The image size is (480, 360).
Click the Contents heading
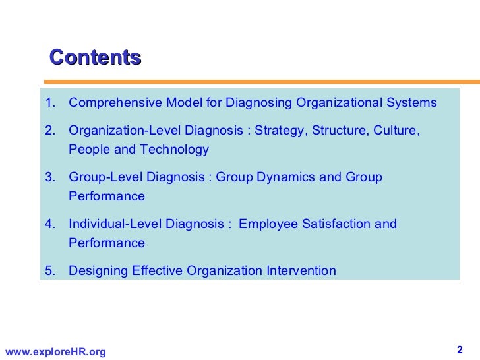96,57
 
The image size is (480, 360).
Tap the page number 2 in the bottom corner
460,349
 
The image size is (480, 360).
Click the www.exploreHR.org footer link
55,352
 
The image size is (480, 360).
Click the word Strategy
280,131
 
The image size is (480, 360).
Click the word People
89,150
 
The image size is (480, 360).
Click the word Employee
268,224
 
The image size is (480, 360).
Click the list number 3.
49,177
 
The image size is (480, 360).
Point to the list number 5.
49,270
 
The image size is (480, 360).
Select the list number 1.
49,103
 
